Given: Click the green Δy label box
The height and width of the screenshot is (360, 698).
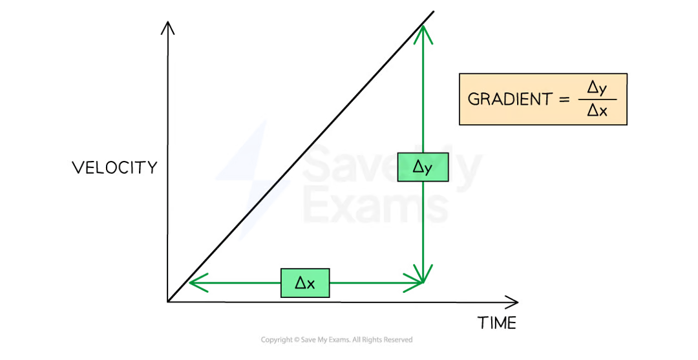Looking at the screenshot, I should pos(423,167).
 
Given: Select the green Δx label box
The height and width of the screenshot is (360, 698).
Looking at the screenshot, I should pos(305,283).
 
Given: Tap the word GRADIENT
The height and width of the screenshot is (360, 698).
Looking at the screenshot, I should pos(510,100).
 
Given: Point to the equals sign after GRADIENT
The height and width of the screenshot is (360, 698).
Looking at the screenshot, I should pos(564,100).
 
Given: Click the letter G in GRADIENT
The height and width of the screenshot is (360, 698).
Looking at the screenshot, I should pos(473,100).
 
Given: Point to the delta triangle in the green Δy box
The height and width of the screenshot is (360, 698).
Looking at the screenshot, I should pos(418,167).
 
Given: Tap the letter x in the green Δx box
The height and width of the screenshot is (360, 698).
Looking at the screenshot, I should pos(310,284).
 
